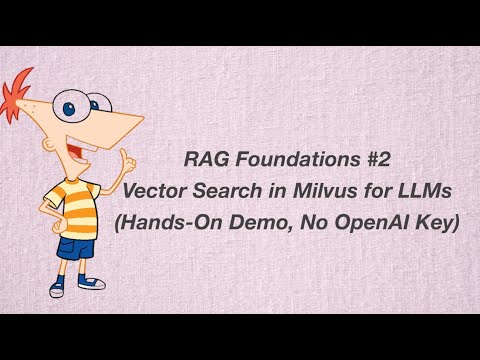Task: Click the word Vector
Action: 178,190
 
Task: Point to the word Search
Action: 240,190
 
